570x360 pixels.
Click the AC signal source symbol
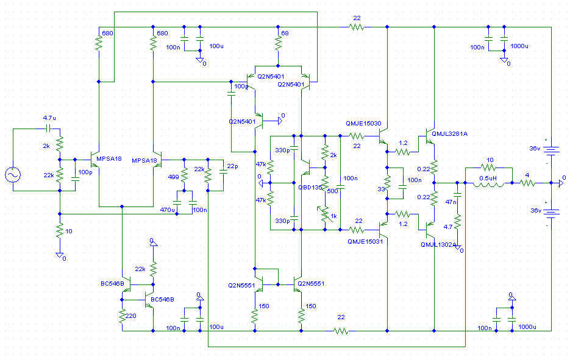[x=12, y=175]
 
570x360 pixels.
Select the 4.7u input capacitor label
[x=50, y=118]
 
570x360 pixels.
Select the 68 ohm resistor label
[x=285, y=33]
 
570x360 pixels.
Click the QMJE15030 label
[x=362, y=123]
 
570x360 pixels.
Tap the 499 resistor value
[x=174, y=177]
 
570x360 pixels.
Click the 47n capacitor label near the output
[x=451, y=202]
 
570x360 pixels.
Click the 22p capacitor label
[x=232, y=166]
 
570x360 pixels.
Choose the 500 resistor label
[x=332, y=191]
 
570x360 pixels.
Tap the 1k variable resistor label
[x=333, y=216]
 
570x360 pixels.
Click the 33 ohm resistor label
[x=382, y=189]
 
